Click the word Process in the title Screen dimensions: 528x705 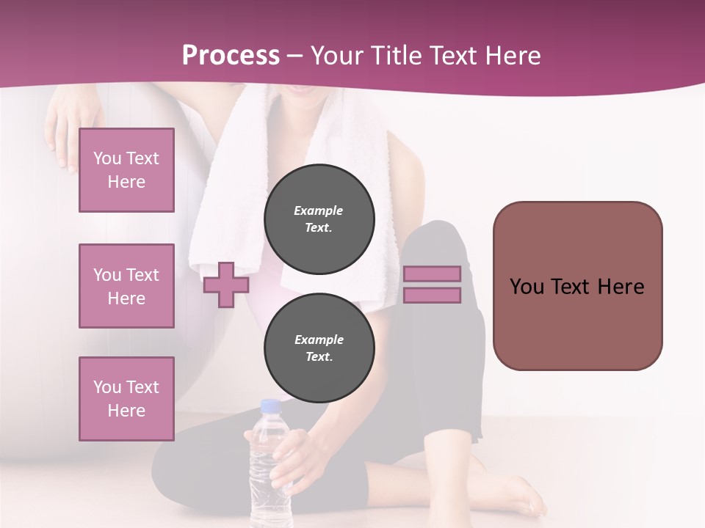pos(231,55)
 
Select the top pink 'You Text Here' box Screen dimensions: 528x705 pos(126,170)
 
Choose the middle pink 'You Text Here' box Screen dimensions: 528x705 pos(126,286)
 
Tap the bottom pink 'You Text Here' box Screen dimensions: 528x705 pos(126,399)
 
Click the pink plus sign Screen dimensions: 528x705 pos(226,284)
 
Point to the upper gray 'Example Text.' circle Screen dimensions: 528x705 pos(319,219)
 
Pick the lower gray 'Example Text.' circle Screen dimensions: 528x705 pos(319,348)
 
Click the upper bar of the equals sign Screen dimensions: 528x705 pos(432,274)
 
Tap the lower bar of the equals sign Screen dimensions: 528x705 pos(432,296)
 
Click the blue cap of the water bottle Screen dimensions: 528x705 pos(271,406)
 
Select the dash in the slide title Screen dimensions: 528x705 pos(294,56)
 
